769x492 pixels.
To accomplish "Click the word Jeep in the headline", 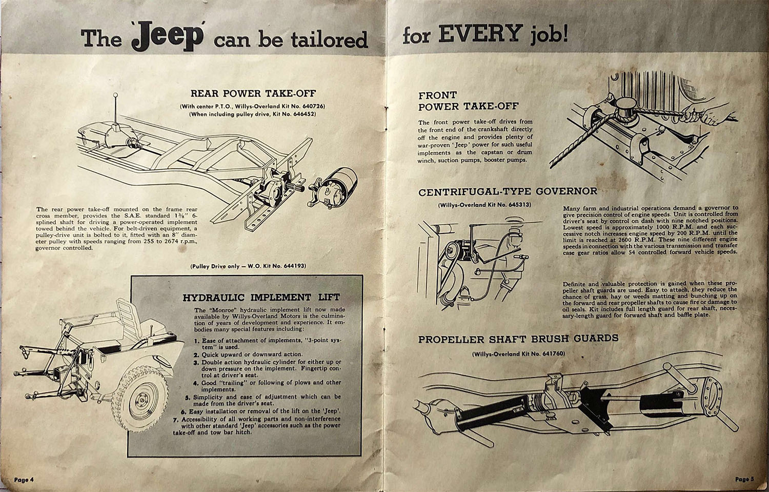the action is [168, 37].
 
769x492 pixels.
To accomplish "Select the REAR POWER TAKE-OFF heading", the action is [253, 93].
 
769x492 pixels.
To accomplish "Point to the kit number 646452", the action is [302, 114].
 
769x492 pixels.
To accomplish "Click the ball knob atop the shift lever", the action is [115, 95].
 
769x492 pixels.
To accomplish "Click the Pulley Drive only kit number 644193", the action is [294, 266].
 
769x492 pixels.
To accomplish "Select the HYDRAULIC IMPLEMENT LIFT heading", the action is [261, 297].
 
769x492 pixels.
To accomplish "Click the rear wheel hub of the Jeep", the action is [143, 400].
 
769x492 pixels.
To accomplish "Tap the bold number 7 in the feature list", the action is [175, 419].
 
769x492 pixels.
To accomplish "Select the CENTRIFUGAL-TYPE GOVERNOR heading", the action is [508, 192].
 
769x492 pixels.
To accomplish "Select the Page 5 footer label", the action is [744, 479].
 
